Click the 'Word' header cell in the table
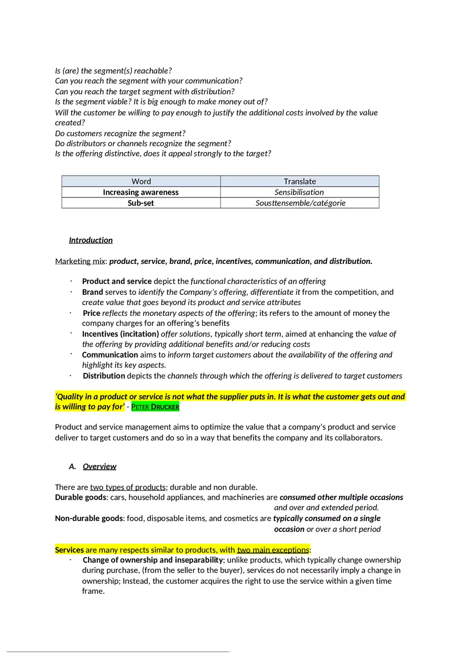[141, 181]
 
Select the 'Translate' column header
[300, 181]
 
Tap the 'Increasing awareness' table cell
[141, 192]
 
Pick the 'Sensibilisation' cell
[300, 192]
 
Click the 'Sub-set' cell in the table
[141, 203]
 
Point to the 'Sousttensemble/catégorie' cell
[300, 203]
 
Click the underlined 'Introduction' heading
[91, 240]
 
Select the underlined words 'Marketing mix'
[80, 261]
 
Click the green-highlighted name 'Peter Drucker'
[155, 407]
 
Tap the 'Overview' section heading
[100, 467]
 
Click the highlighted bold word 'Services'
[70, 550]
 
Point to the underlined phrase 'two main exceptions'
[273, 550]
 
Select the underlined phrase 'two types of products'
[128, 488]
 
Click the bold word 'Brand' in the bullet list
[93, 292]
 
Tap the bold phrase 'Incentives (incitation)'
[120, 334]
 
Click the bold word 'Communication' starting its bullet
[110, 355]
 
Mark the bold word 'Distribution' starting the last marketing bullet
[104, 376]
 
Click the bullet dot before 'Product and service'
[70, 281]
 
